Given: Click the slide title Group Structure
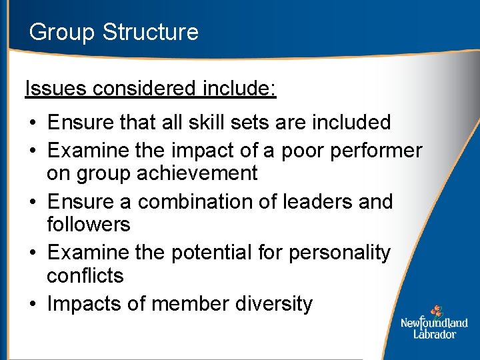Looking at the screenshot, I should coord(114,32).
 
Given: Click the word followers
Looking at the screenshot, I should coord(89,224).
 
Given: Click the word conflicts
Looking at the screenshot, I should coord(85,275).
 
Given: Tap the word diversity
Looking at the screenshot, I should coord(274,304).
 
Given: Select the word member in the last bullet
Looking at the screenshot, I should coord(191,304).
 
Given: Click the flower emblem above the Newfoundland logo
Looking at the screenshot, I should coord(435,311).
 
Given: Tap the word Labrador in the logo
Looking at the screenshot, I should coord(434,333).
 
